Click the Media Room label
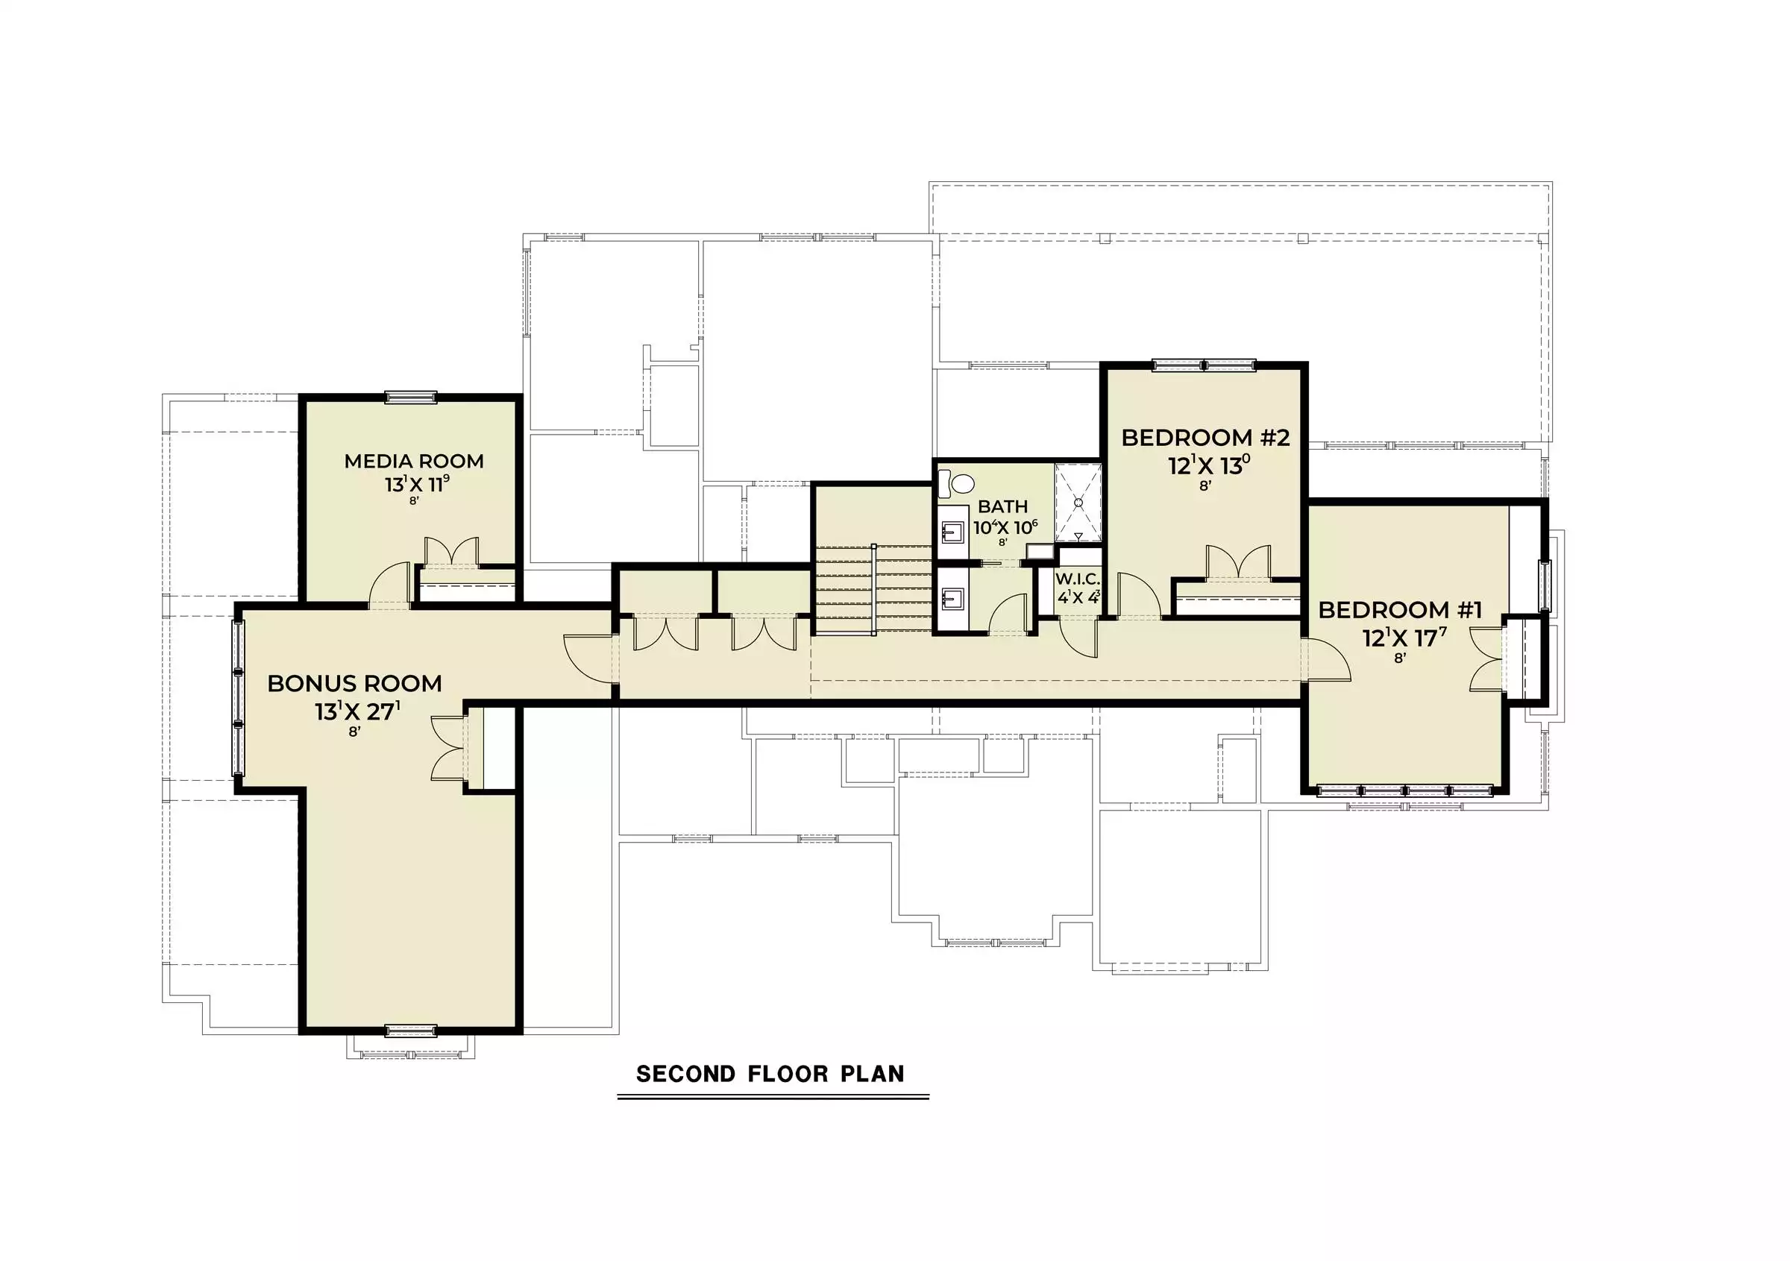[414, 462]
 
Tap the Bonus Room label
[355, 684]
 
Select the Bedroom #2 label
[1205, 438]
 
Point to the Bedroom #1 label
[1400, 609]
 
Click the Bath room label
[1002, 506]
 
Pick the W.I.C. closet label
[1078, 579]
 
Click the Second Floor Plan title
[770, 1074]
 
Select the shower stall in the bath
[1078, 503]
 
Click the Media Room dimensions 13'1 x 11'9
[417, 484]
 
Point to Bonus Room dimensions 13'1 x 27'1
[358, 711]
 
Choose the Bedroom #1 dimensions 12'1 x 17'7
[1404, 638]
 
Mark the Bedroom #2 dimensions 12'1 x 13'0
[1209, 465]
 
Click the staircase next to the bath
[873, 589]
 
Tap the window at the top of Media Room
[412, 398]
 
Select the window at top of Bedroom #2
[1205, 365]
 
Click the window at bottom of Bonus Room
[412, 1031]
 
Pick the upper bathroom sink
[951, 533]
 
